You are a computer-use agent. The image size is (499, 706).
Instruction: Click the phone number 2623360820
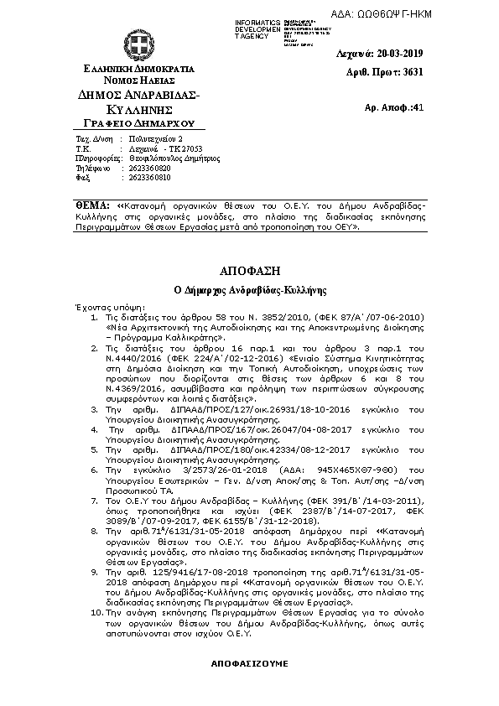[x=149, y=168]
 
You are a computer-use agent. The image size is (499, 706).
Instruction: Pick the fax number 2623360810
[x=149, y=178]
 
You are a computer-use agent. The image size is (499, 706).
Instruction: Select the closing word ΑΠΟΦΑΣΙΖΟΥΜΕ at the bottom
[x=249, y=663]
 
